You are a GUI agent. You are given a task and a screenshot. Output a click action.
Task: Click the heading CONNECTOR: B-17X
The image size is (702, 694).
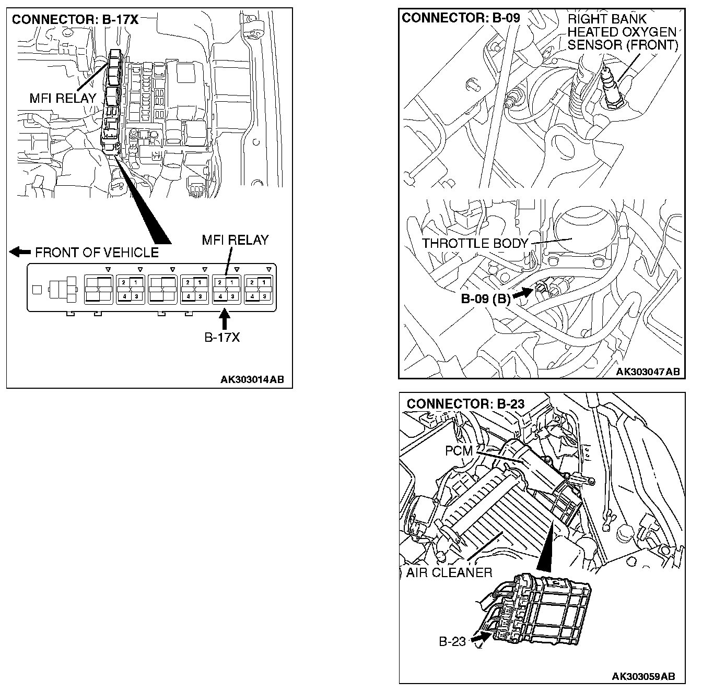click(75, 20)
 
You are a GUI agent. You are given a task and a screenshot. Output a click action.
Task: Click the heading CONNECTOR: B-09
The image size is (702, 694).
click(461, 18)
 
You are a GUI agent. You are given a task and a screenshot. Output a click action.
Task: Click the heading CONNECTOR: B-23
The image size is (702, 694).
click(465, 403)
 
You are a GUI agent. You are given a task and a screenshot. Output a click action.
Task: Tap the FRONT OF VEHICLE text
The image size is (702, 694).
click(97, 253)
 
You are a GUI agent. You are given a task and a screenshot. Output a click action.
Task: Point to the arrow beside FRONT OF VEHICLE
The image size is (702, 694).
click(20, 252)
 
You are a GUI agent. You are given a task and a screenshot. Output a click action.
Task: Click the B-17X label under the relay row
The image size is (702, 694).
click(222, 338)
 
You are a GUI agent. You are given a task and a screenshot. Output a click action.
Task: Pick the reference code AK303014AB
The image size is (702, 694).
click(252, 379)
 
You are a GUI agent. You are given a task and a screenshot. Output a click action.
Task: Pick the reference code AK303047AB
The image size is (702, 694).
click(648, 371)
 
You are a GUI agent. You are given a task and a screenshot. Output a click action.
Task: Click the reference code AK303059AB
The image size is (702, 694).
click(643, 676)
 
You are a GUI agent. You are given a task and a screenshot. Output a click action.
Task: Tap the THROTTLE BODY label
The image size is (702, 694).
click(475, 243)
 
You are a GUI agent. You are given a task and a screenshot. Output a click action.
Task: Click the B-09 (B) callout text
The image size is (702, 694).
click(485, 299)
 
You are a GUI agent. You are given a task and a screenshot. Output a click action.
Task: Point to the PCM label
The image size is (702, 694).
click(458, 450)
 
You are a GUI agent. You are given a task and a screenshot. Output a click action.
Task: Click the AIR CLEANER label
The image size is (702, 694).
click(450, 572)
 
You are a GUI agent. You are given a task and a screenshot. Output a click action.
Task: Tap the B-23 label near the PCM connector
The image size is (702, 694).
click(452, 641)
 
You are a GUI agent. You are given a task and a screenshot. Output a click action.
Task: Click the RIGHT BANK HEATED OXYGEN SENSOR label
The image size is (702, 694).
click(622, 32)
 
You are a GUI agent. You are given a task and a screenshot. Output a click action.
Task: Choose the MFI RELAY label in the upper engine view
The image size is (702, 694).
click(63, 98)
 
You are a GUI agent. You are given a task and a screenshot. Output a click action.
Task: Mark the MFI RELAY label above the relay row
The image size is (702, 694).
click(235, 240)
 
